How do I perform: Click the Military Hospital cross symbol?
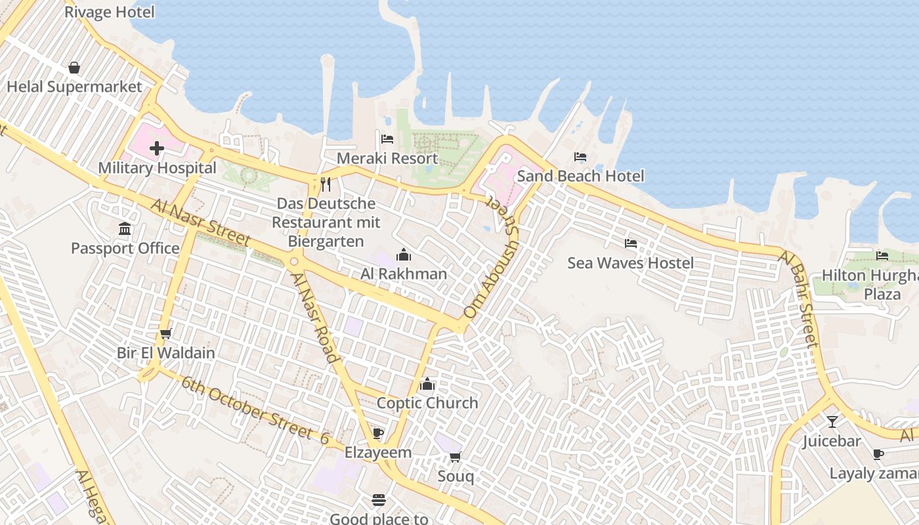[x=156, y=149]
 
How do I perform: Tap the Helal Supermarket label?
[x=74, y=87]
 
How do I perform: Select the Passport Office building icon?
[x=125, y=229]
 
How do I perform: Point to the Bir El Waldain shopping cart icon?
[x=166, y=333]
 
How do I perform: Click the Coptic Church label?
[x=427, y=403]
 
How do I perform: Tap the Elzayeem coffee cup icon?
[x=377, y=433]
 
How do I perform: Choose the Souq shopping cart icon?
[x=455, y=457]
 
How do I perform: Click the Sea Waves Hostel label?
[x=630, y=263]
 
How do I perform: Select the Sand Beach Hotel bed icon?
[x=580, y=157]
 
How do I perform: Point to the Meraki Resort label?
[x=387, y=158]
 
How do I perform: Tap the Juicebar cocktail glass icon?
[x=832, y=421]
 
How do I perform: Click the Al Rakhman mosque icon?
[x=404, y=255]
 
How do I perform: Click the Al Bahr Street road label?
[x=799, y=299]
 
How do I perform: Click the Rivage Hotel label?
[x=110, y=12]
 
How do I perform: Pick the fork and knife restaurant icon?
[x=325, y=184]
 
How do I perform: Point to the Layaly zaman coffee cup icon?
[x=878, y=454]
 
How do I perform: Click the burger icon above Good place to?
[x=379, y=500]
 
